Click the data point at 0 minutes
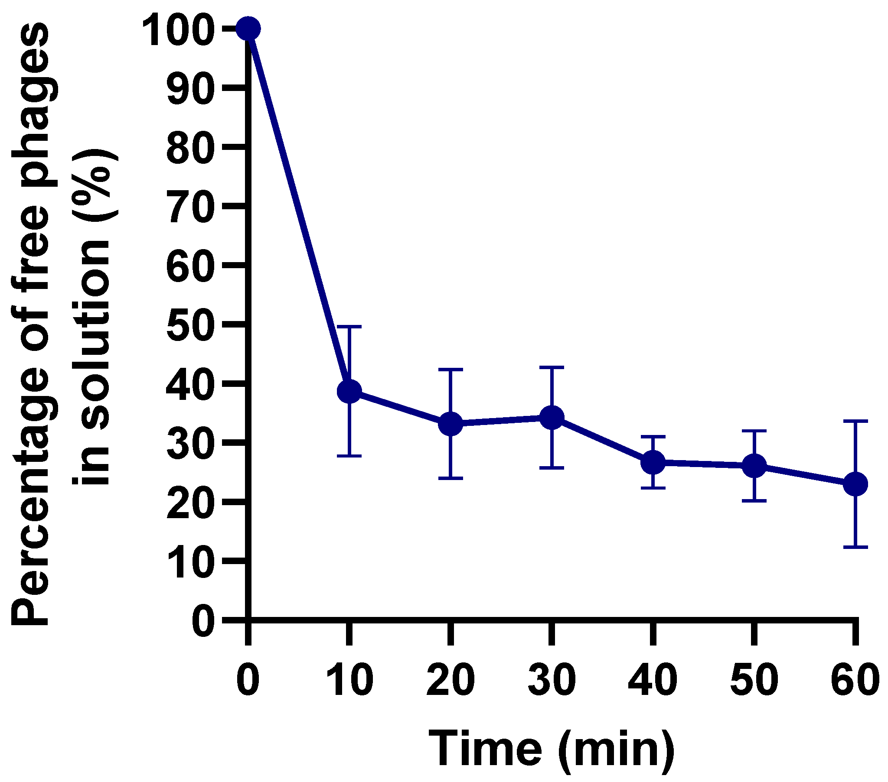coord(248,29)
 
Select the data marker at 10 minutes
coord(349,391)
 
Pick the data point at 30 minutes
coord(552,417)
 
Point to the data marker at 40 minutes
coord(653,463)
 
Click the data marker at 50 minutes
coord(754,465)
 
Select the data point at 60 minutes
coord(855,484)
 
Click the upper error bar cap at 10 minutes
coord(349,326)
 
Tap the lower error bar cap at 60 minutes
coord(855,548)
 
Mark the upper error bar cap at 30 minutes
coord(552,367)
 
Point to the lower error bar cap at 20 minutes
coord(451,478)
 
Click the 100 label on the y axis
coord(178,29)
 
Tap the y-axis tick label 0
coord(203,621)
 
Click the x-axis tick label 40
coord(653,680)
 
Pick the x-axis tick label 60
coord(854,680)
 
